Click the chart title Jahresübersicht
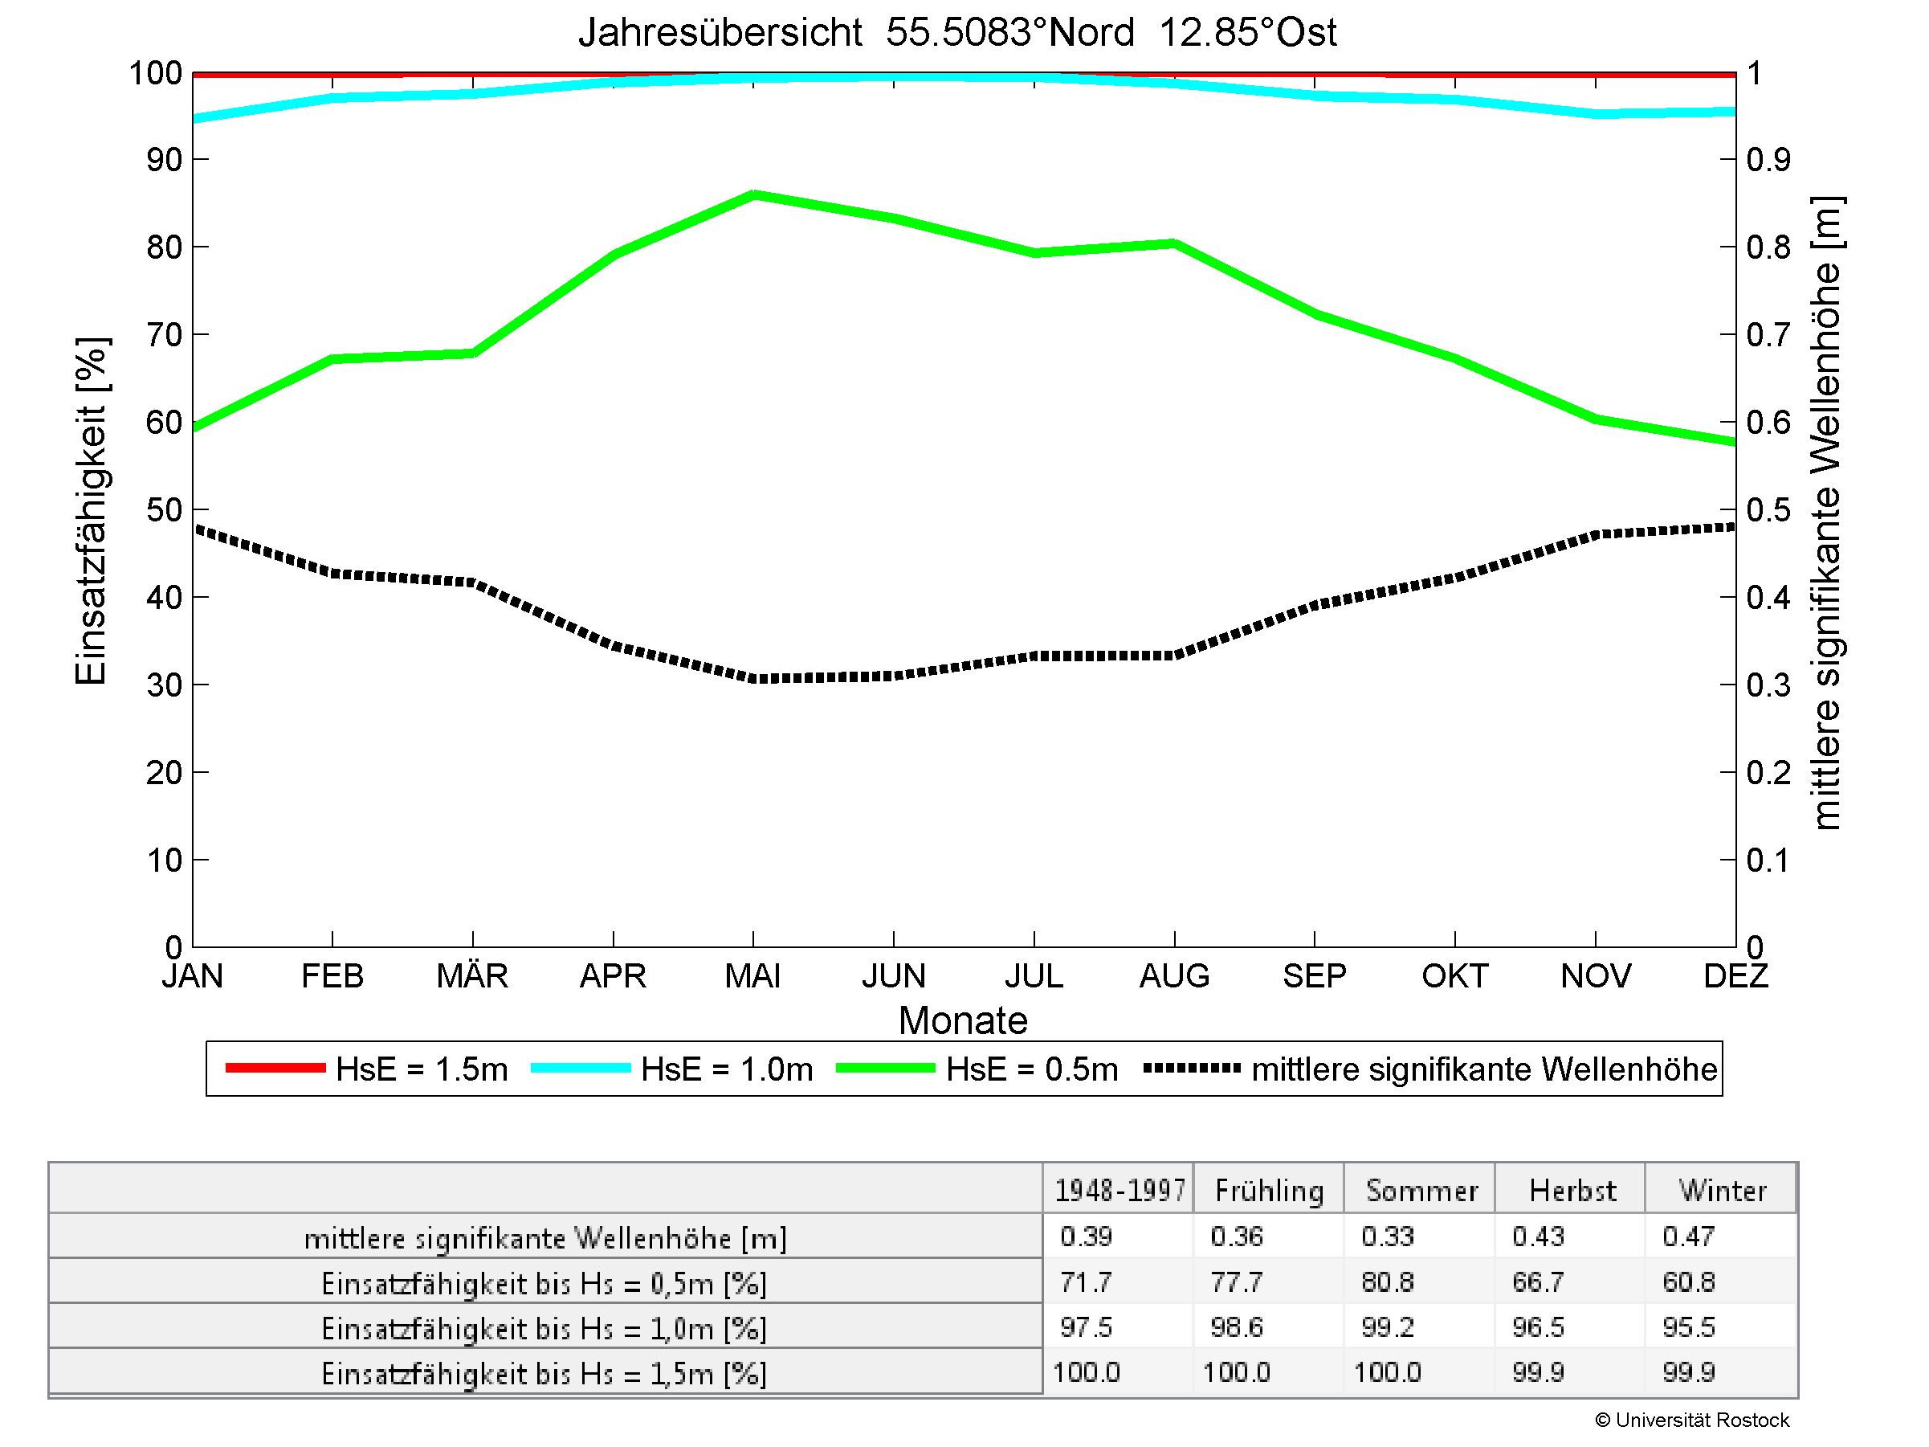tap(956, 33)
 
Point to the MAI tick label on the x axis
tap(752, 975)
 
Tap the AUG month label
tap(1174, 975)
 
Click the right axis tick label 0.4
tap(1768, 598)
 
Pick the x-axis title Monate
tap(963, 1020)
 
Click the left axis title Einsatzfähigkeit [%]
tap(91, 511)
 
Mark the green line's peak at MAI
tap(753, 194)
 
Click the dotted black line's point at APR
tap(614, 646)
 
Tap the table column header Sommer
tap(1421, 1191)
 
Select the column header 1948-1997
tap(1119, 1191)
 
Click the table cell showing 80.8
tap(1387, 1281)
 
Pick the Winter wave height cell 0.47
tap(1688, 1236)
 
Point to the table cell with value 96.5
tap(1539, 1326)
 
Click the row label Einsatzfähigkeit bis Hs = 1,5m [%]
tap(544, 1374)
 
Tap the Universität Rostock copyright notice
tap(1692, 1420)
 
